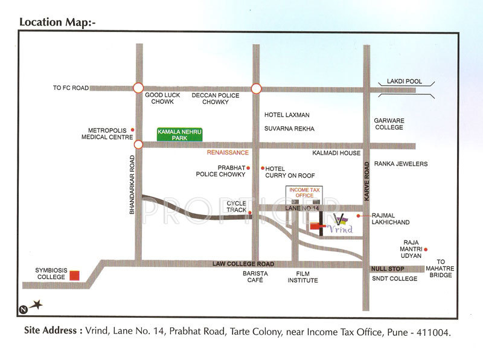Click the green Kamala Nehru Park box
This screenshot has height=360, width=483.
180,135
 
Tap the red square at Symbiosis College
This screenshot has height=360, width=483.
74,275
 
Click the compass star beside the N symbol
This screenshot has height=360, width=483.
37,306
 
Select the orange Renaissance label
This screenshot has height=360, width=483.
228,153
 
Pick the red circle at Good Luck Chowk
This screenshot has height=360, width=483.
139,88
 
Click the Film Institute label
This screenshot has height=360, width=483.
302,277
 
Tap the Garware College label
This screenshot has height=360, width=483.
389,124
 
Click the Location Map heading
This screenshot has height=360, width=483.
58,22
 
